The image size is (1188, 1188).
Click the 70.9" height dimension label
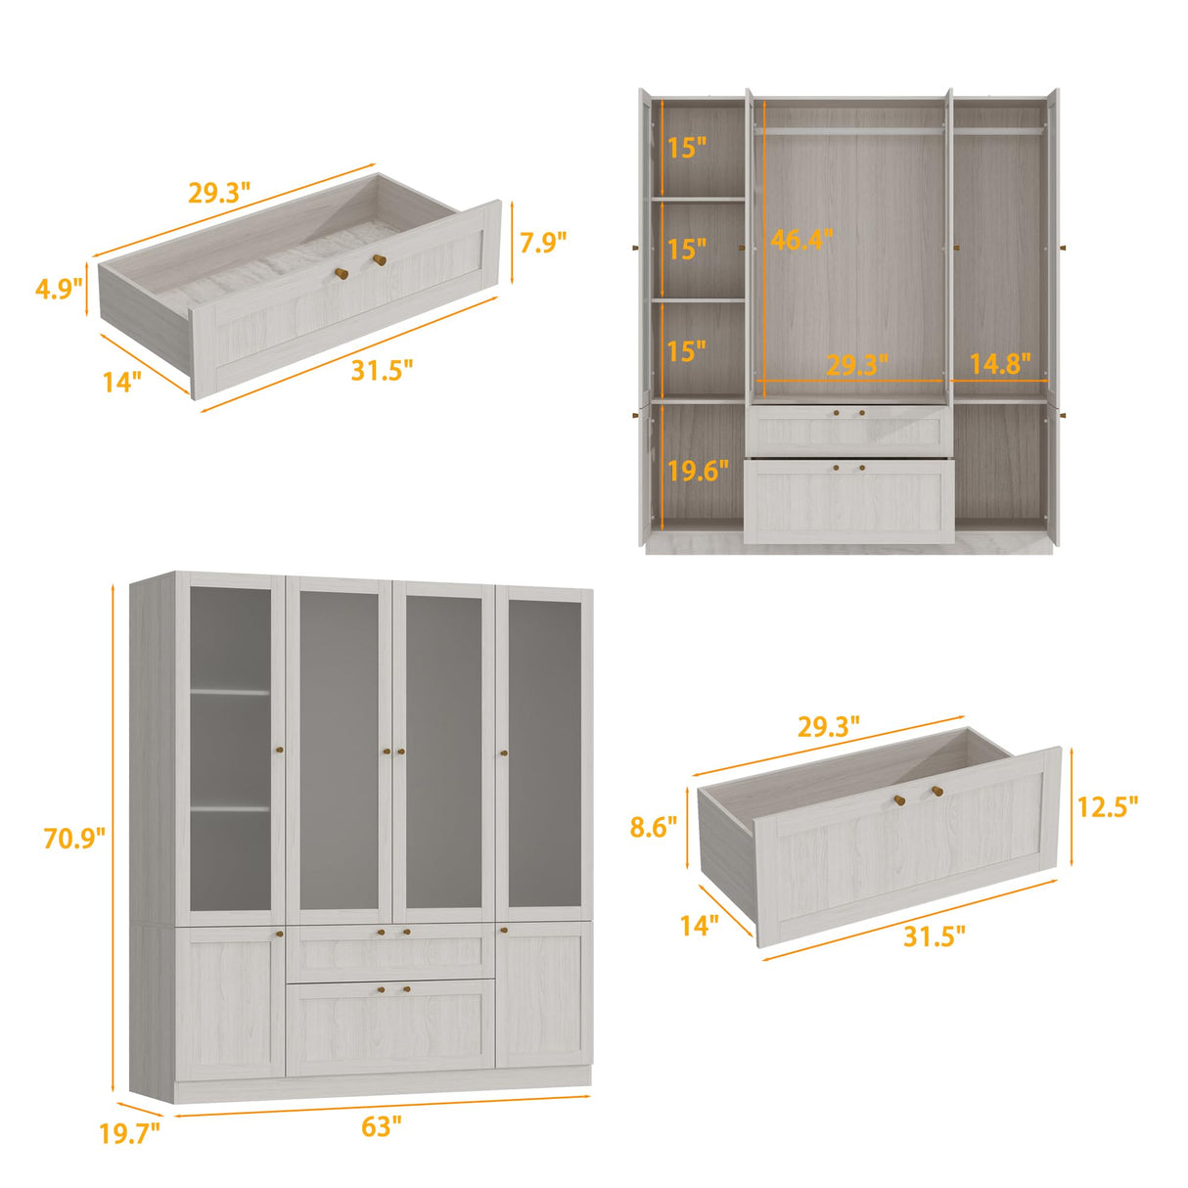(x=73, y=839)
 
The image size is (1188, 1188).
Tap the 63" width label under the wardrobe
(x=381, y=1126)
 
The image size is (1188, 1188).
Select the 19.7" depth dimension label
(x=129, y=1134)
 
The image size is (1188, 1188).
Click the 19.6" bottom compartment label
(x=698, y=472)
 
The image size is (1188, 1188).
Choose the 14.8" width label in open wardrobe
(x=999, y=364)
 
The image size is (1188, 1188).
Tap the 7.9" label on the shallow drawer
(x=542, y=243)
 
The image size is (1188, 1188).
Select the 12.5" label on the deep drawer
(x=1108, y=807)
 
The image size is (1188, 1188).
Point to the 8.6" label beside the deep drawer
(x=653, y=828)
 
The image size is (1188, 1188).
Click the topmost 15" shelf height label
(x=687, y=149)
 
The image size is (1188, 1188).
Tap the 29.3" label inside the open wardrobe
(x=856, y=365)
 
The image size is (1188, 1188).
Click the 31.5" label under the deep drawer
(x=934, y=937)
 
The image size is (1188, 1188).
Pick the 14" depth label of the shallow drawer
(x=122, y=381)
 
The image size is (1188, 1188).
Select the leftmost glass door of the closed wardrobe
(x=230, y=749)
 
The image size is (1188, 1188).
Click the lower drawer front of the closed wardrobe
(x=389, y=1026)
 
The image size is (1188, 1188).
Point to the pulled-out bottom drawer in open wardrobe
(x=848, y=501)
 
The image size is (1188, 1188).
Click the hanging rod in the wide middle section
(x=849, y=129)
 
